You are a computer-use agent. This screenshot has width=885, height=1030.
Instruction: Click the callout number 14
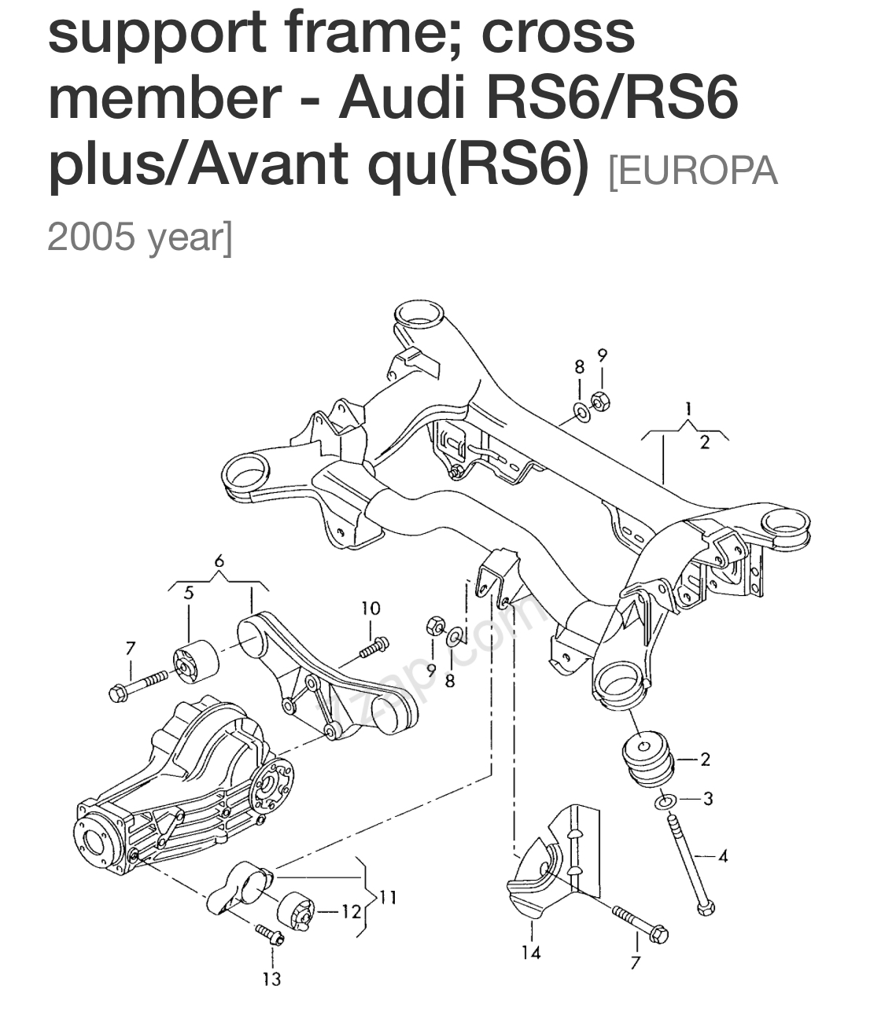tap(531, 953)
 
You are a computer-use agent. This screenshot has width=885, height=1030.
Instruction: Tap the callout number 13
tap(271, 980)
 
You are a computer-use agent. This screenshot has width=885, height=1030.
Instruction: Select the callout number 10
tap(371, 608)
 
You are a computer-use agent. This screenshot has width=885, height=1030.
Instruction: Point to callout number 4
tap(722, 855)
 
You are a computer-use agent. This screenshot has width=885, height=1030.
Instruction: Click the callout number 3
tap(708, 799)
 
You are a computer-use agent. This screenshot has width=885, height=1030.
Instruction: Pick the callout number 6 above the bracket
tap(219, 561)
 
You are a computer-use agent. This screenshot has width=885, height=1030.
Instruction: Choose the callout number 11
tap(388, 897)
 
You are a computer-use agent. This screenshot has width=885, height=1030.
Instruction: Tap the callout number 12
tap(351, 911)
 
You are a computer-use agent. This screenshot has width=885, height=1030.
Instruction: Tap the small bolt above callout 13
tap(270, 935)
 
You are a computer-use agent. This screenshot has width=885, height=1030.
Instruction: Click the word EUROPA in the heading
tap(693, 171)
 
